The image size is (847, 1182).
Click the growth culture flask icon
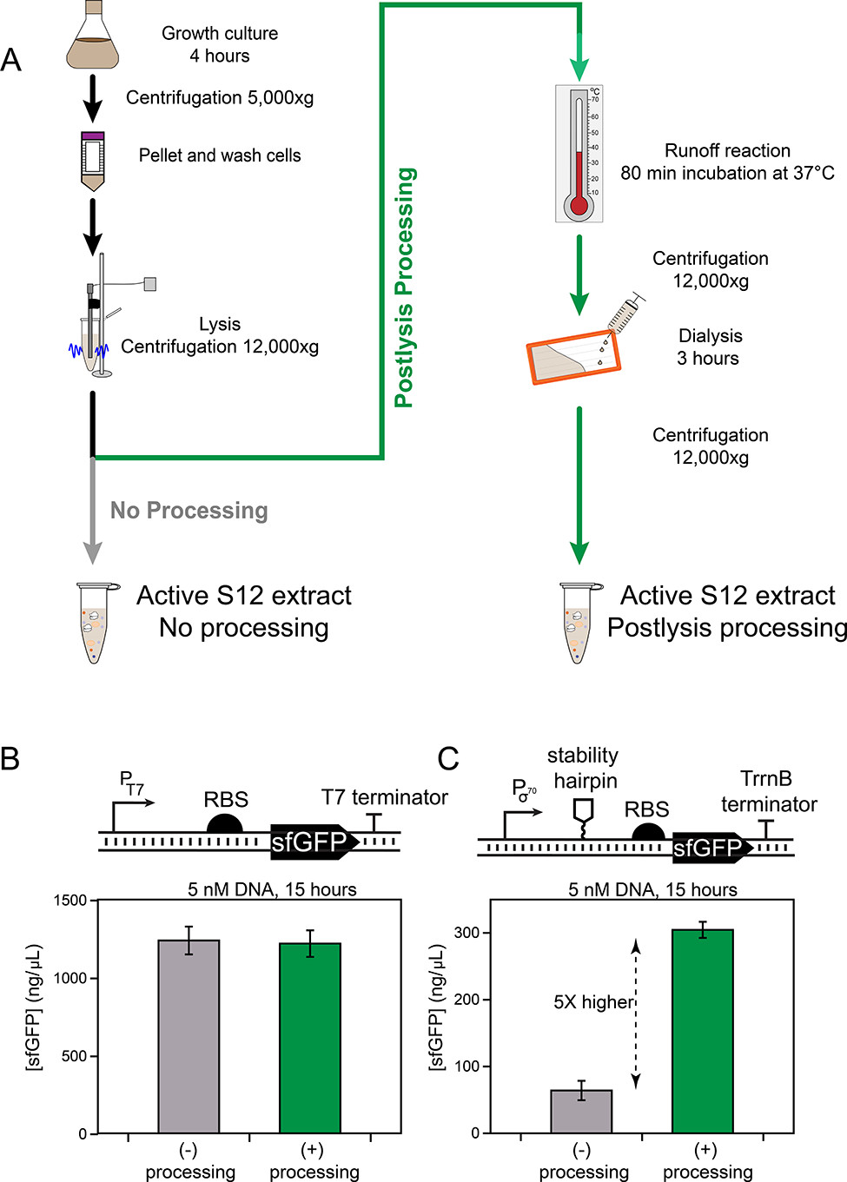tap(92, 39)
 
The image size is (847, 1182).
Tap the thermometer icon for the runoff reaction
tap(579, 154)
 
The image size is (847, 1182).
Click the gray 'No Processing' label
tap(189, 511)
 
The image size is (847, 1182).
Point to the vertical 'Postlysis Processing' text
tap(404, 287)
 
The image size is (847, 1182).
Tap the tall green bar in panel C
tap(703, 1031)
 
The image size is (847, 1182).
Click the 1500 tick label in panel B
tap(70, 901)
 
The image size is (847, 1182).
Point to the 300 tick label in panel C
tap(467, 933)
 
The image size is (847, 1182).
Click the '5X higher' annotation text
tap(593, 1002)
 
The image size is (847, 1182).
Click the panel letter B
tap(10, 758)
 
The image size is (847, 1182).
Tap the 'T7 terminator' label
tap(384, 797)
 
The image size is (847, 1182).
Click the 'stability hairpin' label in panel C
tap(583, 768)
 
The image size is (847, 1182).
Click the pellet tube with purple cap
tap(92, 161)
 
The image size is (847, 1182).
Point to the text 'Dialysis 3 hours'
tap(710, 347)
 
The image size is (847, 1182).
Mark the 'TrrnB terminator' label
tap(768, 791)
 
